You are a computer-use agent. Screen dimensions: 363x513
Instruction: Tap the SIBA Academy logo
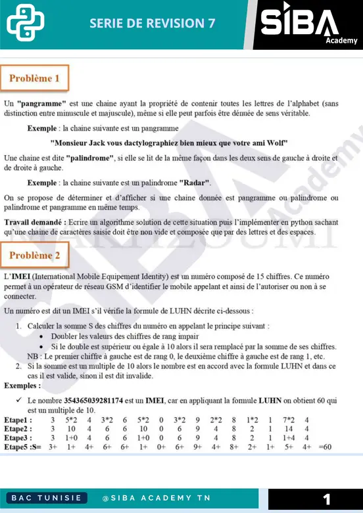[x=308, y=25]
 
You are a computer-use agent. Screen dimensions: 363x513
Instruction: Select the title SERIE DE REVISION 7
[x=152, y=23]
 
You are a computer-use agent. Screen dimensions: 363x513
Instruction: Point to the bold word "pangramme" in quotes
[x=41, y=104]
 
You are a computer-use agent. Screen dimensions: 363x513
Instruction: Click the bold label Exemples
[x=22, y=385]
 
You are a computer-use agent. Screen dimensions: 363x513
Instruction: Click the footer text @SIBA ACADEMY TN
[x=157, y=498]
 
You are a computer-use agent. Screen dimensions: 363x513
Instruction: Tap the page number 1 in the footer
[x=327, y=498]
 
